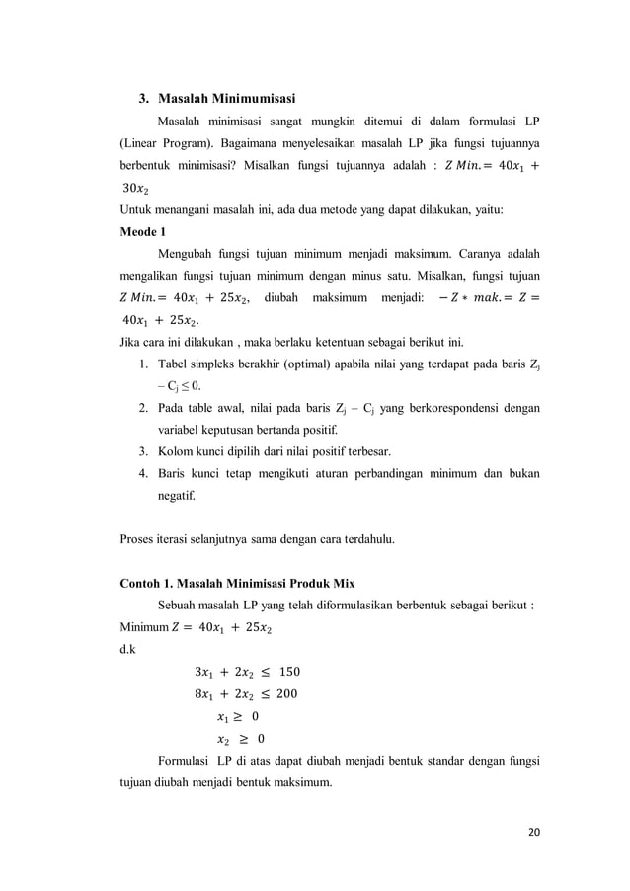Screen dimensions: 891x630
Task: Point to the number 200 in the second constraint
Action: coord(282,694)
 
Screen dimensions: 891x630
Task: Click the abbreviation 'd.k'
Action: coord(128,650)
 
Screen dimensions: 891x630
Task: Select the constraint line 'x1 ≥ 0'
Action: coord(238,716)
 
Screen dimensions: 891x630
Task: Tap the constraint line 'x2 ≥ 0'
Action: coord(240,738)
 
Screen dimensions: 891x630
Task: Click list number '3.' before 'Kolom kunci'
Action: coord(143,452)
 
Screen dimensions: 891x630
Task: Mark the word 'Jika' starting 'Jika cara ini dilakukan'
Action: coord(132,342)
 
